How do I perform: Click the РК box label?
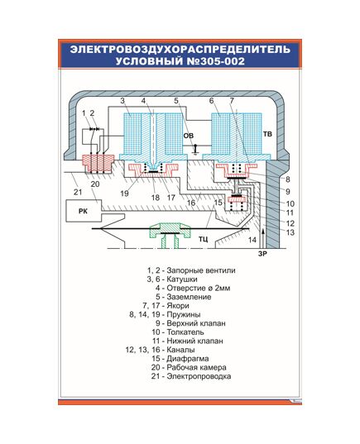83,211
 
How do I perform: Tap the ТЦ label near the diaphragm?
203,239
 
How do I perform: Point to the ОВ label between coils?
189,136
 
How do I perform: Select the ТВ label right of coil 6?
267,134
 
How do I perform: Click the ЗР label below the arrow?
262,254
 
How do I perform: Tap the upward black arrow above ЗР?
263,238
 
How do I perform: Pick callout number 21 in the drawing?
78,193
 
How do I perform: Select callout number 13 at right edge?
290,232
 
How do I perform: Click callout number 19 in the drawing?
124,193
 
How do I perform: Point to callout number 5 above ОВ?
176,101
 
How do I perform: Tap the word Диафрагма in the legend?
188,359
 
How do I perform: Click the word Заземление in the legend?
189,297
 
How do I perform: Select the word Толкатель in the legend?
185,332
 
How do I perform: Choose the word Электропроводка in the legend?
199,376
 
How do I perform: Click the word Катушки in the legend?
182,279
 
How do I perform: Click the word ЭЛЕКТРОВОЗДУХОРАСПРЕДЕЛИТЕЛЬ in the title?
180,50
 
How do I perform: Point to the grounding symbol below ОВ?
195,150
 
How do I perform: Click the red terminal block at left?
98,164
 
